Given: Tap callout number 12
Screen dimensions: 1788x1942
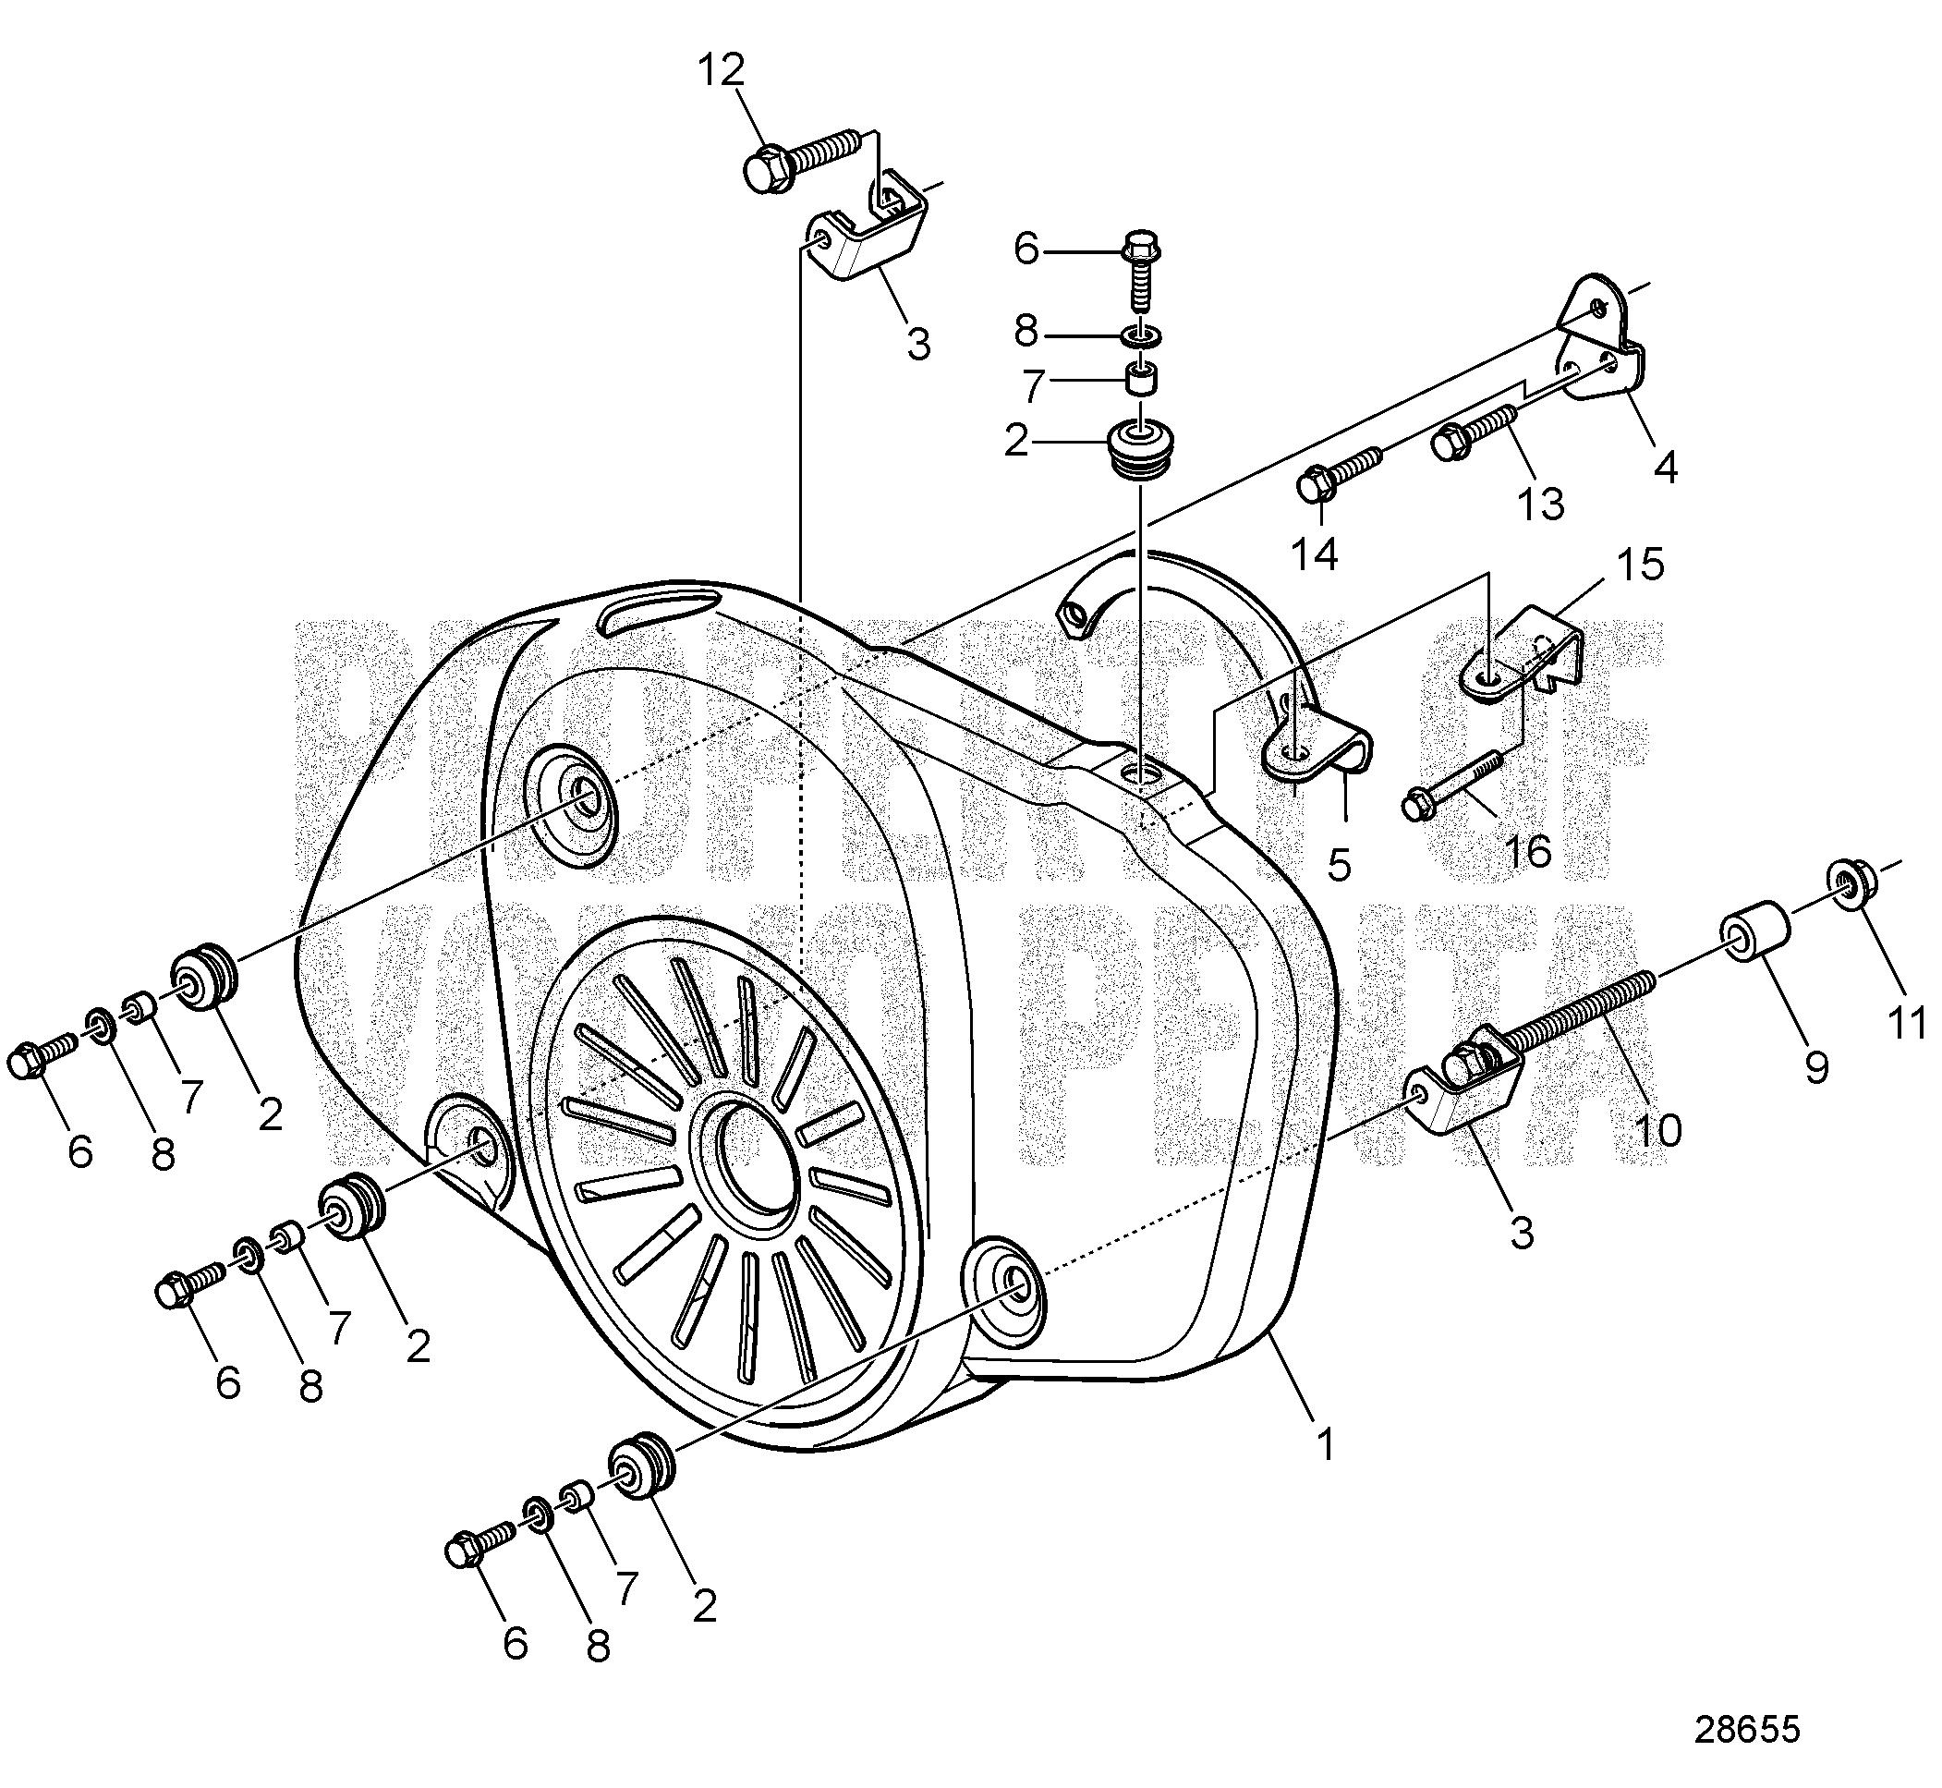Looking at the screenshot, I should [x=721, y=70].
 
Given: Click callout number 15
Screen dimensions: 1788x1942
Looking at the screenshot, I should [x=1639, y=564].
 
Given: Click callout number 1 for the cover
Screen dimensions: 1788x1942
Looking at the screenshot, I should [x=1326, y=1445].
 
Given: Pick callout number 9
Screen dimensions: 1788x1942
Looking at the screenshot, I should [x=1816, y=1067].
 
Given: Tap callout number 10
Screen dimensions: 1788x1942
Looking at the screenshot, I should [x=1657, y=1129].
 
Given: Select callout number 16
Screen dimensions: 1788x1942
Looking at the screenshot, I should [x=1529, y=849].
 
